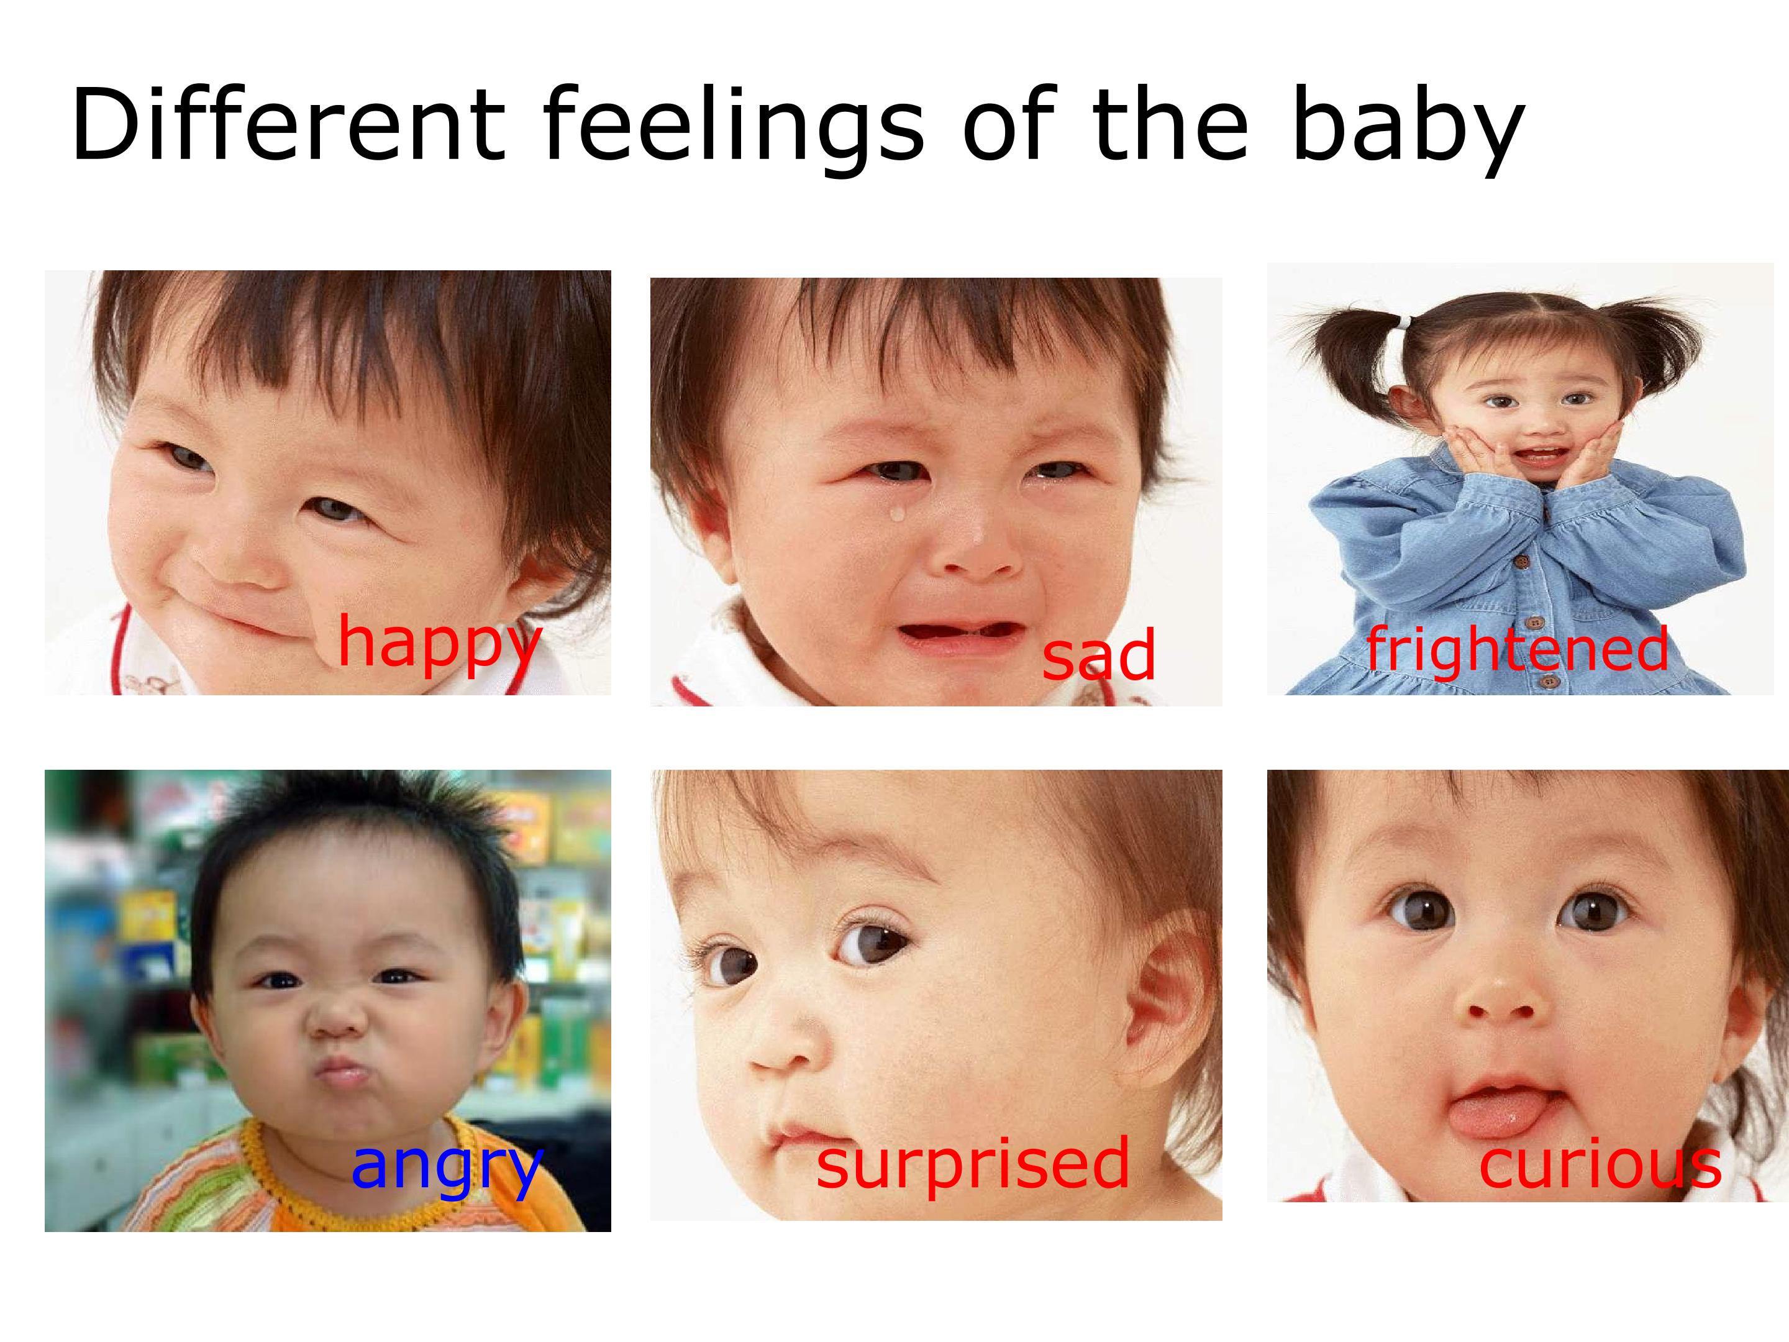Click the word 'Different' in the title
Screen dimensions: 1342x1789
click(x=287, y=126)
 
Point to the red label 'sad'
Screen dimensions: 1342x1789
click(x=1098, y=655)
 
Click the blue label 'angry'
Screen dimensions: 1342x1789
click(x=447, y=1165)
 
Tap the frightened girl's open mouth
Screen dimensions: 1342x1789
click(x=1541, y=455)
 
